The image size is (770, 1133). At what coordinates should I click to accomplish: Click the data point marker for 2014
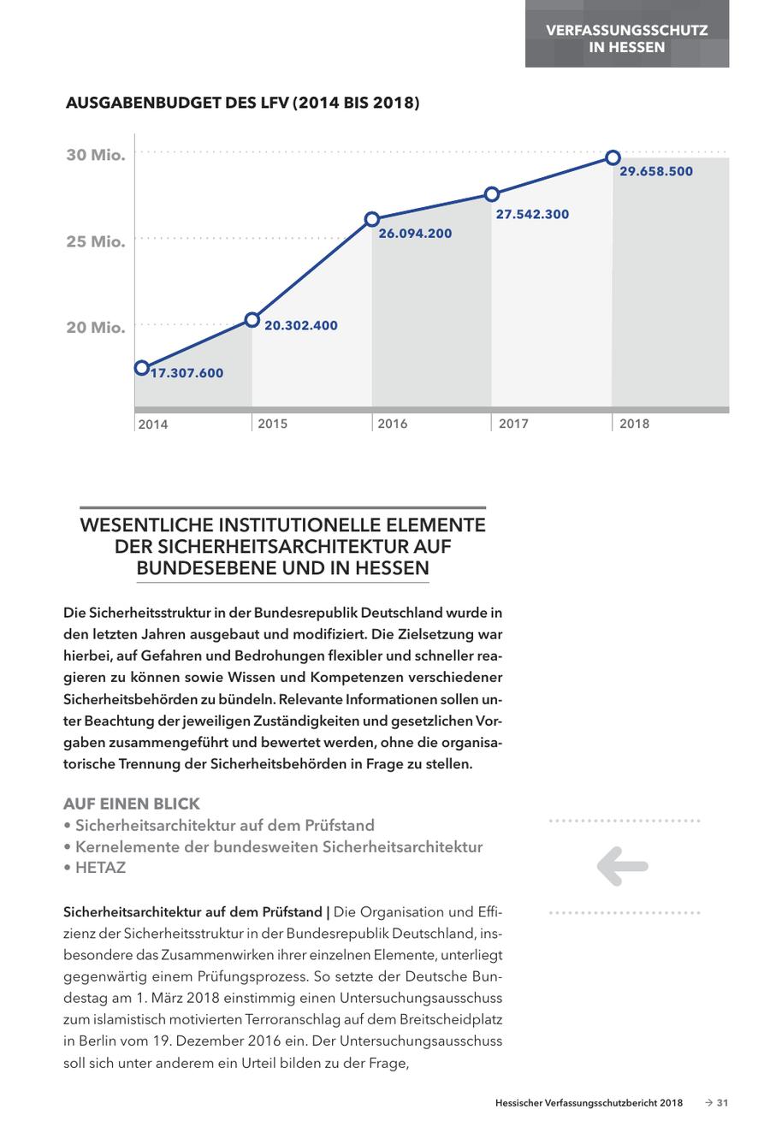click(x=141, y=368)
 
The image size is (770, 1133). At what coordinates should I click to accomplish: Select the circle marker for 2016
click(x=372, y=219)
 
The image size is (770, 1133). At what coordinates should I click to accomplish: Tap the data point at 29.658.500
click(x=613, y=157)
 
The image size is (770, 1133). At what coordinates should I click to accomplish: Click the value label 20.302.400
click(x=301, y=325)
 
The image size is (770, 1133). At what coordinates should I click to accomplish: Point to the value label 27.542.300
click(x=532, y=214)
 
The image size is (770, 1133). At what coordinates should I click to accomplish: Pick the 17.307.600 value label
click(x=187, y=372)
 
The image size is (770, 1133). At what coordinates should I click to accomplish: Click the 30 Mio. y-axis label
click(x=96, y=155)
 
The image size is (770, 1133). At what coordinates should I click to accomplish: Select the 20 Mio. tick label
click(x=96, y=327)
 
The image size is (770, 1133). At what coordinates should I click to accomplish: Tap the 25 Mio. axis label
click(x=96, y=241)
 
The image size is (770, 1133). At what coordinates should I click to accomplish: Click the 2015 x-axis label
click(x=273, y=424)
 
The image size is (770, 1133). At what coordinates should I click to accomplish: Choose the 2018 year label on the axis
click(x=634, y=424)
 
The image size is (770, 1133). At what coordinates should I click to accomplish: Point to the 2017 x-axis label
click(x=513, y=424)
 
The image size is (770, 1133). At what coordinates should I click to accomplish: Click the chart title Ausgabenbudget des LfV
click(x=242, y=104)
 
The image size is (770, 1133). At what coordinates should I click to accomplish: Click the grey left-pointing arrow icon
click(x=623, y=866)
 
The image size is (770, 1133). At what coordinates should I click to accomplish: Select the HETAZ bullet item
click(x=95, y=868)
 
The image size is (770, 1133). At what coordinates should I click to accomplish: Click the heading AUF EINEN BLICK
click(x=132, y=804)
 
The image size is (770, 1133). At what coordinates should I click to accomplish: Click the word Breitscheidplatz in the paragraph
click(x=448, y=1020)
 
